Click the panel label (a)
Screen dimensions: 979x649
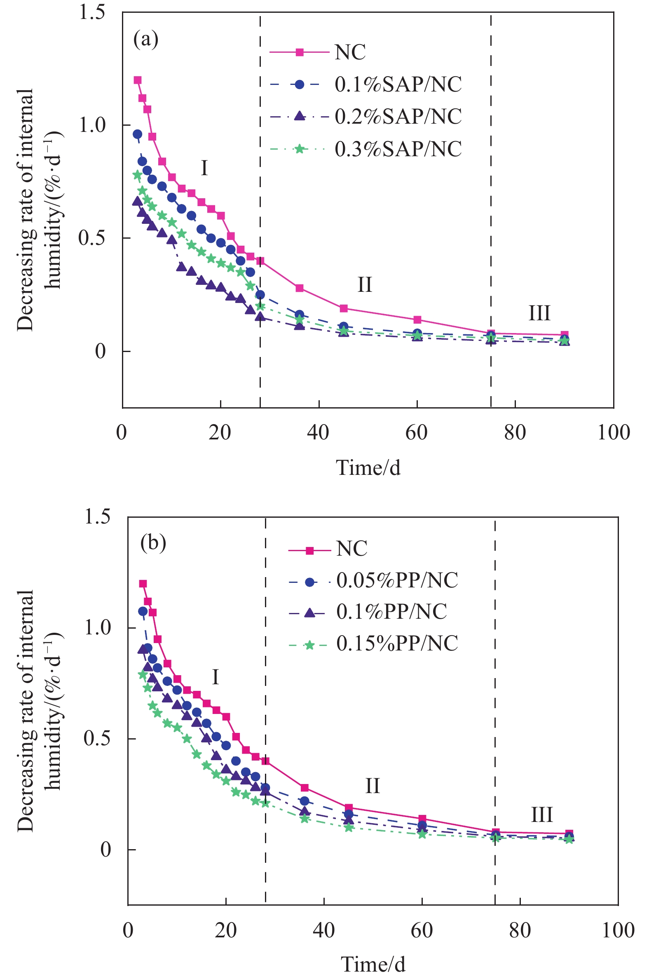tap(146, 40)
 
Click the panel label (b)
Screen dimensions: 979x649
tap(153, 542)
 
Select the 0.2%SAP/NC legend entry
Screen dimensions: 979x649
tap(398, 116)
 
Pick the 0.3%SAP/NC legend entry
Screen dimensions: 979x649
tap(398, 149)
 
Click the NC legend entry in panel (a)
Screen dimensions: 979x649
tap(350, 52)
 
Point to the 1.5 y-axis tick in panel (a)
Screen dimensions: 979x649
tap(92, 12)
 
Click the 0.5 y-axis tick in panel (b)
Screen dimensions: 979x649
tap(97, 739)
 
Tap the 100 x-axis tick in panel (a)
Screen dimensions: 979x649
tap(614, 432)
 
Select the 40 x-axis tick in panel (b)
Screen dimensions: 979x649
tap(323, 931)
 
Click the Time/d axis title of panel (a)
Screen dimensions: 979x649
tap(368, 468)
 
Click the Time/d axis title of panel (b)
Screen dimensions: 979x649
tap(373, 964)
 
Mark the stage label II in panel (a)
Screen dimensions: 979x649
tap(365, 285)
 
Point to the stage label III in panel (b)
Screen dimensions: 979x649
tap(542, 815)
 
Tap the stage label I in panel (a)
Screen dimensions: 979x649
tap(204, 168)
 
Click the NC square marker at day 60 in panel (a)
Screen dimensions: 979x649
tap(417, 319)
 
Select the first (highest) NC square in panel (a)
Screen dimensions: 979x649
tap(137, 80)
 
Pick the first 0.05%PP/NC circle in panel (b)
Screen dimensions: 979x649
tap(143, 611)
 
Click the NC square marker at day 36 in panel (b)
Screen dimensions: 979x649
tap(304, 788)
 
